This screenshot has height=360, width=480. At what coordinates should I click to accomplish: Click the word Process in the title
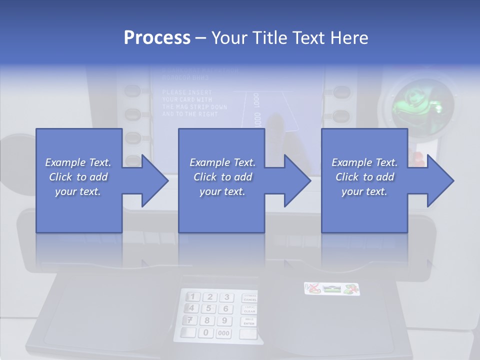tap(157, 37)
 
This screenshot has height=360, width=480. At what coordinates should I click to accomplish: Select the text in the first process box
tap(78, 177)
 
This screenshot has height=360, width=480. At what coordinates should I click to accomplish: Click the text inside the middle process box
tap(222, 177)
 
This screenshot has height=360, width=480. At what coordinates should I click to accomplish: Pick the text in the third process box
tap(364, 177)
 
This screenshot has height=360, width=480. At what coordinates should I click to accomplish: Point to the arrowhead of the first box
tap(154, 180)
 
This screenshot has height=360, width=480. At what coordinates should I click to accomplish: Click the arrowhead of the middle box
tap(297, 180)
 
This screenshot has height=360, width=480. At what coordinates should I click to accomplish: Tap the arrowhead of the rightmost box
tap(440, 180)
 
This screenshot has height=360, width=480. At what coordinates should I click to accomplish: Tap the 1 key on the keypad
tap(193, 297)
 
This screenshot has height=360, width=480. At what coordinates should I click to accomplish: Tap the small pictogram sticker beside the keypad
tap(331, 289)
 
